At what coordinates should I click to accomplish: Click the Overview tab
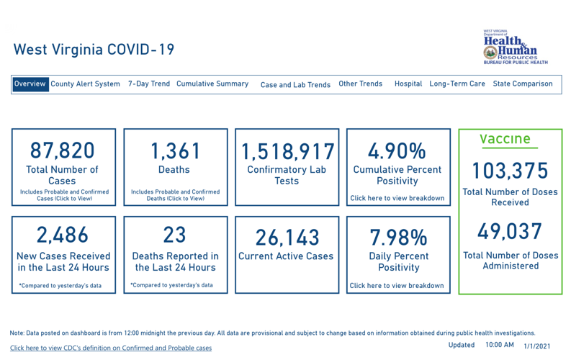(x=30, y=84)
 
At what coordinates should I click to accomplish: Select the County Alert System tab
(x=85, y=84)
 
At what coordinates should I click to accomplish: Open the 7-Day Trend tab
(x=149, y=84)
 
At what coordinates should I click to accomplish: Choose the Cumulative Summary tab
(x=212, y=84)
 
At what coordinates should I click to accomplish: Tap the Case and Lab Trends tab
(x=295, y=84)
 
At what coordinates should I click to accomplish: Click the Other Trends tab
(x=361, y=84)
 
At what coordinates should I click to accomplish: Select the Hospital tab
(x=408, y=84)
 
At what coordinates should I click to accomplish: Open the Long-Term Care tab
(x=457, y=84)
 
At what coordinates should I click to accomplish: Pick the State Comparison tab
(x=523, y=84)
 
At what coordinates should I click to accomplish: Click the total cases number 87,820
(x=63, y=150)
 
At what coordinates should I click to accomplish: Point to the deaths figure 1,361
(x=174, y=150)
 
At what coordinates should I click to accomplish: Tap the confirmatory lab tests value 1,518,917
(x=287, y=152)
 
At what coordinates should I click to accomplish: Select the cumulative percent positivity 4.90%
(x=397, y=151)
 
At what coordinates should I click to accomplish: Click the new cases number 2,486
(x=63, y=235)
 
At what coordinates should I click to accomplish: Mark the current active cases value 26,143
(x=286, y=238)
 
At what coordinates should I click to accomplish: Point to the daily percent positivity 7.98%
(x=398, y=237)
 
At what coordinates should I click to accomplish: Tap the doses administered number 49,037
(x=511, y=231)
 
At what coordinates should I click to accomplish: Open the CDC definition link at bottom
(x=111, y=348)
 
